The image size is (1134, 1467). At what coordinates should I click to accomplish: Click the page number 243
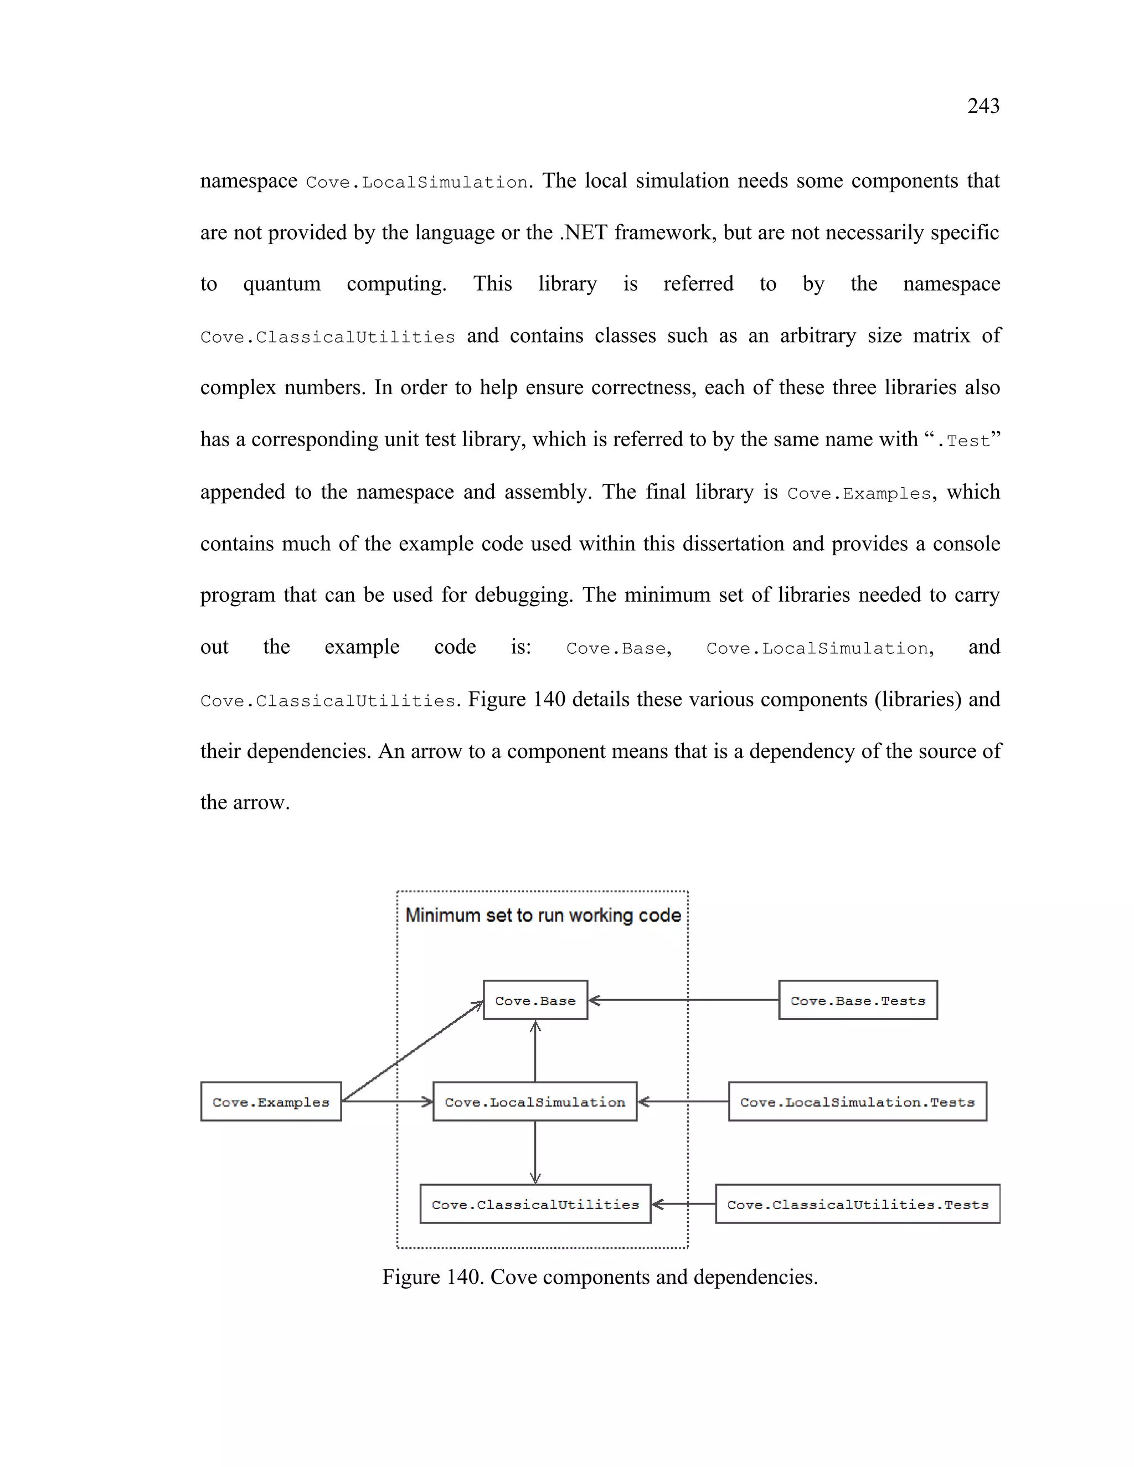983,106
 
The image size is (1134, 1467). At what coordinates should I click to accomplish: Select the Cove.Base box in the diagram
535,1000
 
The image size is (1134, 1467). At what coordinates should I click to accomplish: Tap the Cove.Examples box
271,1102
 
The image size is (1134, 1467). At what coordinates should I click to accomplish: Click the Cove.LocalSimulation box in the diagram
535,1102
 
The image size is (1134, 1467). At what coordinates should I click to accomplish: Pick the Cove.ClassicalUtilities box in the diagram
535,1205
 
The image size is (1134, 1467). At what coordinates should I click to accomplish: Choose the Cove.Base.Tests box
858,1000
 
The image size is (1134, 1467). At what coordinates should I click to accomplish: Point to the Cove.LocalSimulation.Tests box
857,1102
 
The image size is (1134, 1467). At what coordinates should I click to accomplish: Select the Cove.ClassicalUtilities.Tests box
857,1205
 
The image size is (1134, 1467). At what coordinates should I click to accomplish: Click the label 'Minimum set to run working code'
543,915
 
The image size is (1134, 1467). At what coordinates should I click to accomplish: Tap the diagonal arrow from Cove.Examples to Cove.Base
413,1051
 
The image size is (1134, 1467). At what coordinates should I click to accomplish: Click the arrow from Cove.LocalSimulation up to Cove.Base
535,1051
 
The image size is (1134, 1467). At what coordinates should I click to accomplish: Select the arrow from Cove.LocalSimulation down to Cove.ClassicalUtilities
535,1152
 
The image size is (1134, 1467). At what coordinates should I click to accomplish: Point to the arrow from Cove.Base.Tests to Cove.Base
683,1000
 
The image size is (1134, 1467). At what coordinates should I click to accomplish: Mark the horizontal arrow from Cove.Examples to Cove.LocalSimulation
387,1102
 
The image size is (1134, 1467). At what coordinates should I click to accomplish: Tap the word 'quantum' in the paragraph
281,284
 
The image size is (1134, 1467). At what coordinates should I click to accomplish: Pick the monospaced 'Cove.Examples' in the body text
859,494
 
